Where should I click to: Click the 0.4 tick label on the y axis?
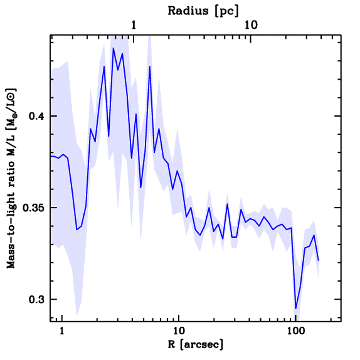pyautogui.click(x=37, y=116)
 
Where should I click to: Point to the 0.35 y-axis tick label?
pyautogui.click(x=34, y=208)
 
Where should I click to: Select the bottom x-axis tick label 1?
pyautogui.click(x=62, y=332)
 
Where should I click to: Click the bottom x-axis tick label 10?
pyautogui.click(x=179, y=332)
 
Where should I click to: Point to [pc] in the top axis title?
pyautogui.click(x=227, y=11)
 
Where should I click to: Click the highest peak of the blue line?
pyautogui.click(x=113, y=48)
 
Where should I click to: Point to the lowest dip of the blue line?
pyautogui.click(x=296, y=309)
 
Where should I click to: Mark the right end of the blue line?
pyautogui.click(x=318, y=261)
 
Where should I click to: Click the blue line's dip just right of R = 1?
pyautogui.click(x=77, y=230)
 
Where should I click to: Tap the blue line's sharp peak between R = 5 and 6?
pyautogui.click(x=150, y=66)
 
